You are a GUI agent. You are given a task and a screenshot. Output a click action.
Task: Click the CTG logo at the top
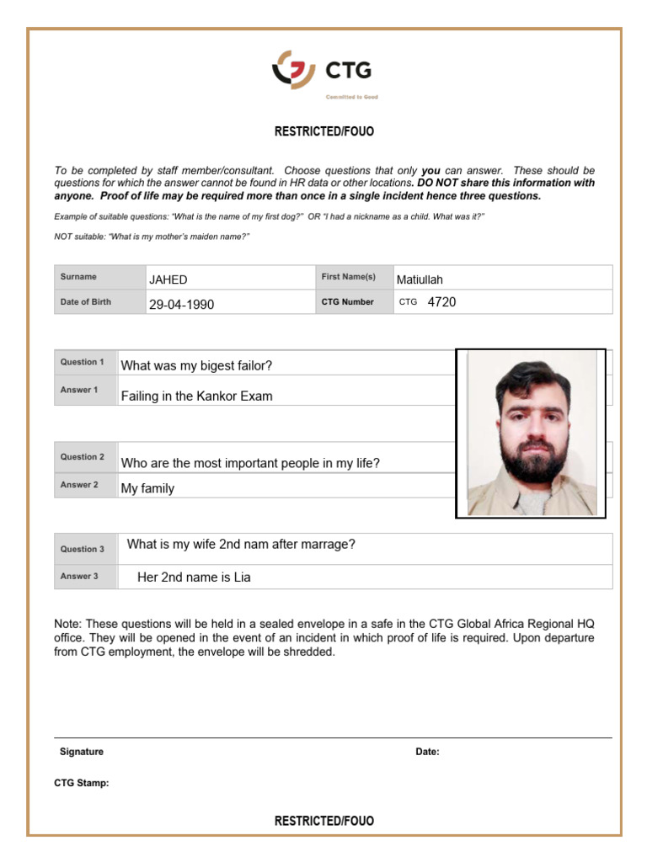point(323,72)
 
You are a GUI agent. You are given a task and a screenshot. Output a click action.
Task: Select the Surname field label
point(78,277)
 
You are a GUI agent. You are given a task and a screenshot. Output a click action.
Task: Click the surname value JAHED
point(168,280)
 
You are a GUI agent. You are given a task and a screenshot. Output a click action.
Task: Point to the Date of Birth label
point(85,302)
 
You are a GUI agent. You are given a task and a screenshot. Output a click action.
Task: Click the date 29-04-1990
point(181,305)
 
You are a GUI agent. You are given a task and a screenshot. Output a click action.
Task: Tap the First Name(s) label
point(348,277)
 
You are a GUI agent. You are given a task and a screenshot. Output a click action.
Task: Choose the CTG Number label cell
point(347,302)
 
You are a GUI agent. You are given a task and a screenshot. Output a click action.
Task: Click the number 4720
point(441,302)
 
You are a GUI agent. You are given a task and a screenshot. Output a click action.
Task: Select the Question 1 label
point(82,362)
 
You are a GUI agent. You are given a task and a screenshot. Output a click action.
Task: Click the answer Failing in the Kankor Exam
point(196,396)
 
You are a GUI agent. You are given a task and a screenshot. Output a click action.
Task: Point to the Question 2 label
point(82,457)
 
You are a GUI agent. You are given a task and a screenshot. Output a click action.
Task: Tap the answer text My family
point(147,488)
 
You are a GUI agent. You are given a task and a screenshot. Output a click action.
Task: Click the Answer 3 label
point(79,577)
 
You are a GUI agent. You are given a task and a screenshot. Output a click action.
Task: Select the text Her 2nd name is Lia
point(194,577)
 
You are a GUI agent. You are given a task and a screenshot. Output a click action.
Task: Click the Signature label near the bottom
point(82,752)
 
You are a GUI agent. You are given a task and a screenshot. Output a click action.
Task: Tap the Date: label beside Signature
point(427,752)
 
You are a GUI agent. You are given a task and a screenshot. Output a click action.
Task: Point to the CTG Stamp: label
point(82,784)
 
